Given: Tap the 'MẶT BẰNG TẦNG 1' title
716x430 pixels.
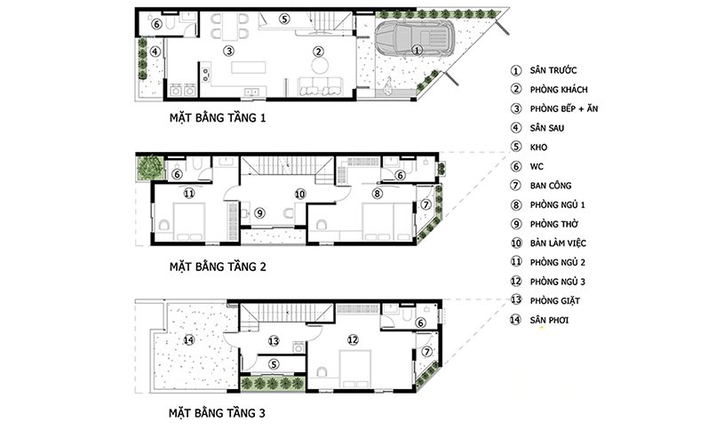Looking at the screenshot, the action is coord(218,118).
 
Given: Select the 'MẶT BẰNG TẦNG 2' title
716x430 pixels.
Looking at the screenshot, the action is coord(218,267).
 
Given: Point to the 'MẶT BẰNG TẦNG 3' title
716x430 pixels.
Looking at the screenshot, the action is coord(217,414).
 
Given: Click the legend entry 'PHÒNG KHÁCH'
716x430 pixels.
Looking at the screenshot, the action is coord(559,90).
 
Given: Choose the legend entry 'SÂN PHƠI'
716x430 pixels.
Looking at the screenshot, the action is coord(549,320).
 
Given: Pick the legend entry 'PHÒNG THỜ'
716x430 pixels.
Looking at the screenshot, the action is coord(554,224).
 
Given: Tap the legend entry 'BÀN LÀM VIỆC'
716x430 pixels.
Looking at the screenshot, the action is coord(558,243).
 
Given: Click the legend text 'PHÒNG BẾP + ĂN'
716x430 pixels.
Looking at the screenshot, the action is coord(564,108).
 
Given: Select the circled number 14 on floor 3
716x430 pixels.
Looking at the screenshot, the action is coord(188,339).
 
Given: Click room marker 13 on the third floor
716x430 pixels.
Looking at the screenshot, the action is coord(274,341).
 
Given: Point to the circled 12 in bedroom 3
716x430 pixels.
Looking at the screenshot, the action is coord(353,339).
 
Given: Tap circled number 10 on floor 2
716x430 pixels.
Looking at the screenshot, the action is coord(299,195).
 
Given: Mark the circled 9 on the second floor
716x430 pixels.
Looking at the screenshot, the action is coord(259,212).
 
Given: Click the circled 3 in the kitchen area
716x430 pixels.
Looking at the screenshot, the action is coord(229,51).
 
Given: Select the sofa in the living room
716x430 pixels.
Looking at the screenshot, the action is coord(322,87).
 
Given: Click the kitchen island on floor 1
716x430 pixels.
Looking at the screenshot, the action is coord(249,68).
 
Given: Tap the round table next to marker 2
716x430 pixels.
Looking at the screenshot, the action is coord(320,66).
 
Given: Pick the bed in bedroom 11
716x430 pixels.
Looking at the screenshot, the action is coord(189,221).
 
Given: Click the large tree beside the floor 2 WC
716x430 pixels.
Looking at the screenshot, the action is coord(149,167).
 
